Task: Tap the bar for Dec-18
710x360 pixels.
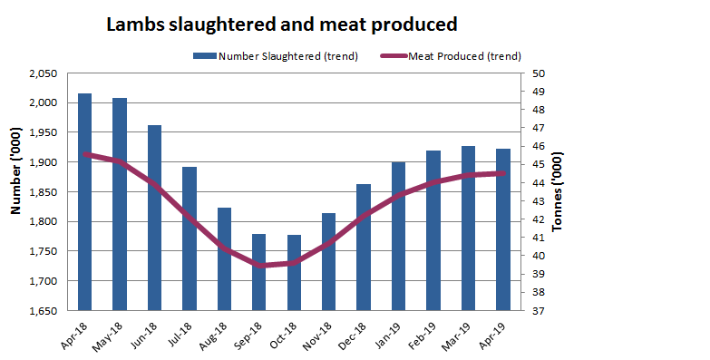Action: pyautogui.click(x=363, y=247)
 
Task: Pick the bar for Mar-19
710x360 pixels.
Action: pyautogui.click(x=468, y=228)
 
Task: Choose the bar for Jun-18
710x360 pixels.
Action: pyautogui.click(x=154, y=218)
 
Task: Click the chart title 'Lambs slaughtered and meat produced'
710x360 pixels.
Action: pyautogui.click(x=282, y=24)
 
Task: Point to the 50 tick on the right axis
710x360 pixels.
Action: pyautogui.click(x=538, y=73)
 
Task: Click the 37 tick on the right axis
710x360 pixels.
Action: pyautogui.click(x=538, y=311)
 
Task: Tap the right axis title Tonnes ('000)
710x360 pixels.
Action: pyautogui.click(x=558, y=192)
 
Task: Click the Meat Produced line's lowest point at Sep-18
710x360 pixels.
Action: pyautogui.click(x=259, y=265)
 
